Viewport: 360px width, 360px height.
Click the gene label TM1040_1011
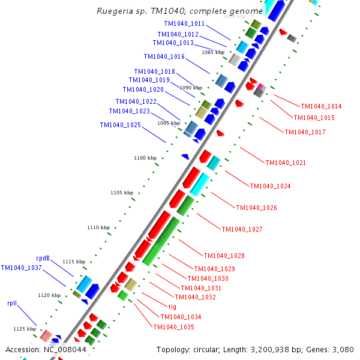[184, 23]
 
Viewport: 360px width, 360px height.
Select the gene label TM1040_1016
[164, 56]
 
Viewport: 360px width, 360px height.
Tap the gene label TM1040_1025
[121, 125]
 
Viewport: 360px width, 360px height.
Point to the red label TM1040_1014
[321, 106]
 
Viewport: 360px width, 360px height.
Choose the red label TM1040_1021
[286, 163]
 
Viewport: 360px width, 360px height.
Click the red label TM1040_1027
[242, 229]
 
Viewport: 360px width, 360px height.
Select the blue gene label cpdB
[43, 259]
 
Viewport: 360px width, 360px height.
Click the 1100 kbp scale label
[145, 158]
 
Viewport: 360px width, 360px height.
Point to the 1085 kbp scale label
[212, 52]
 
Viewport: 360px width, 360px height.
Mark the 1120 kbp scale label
[49, 295]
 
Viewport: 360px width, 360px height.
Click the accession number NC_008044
[65, 349]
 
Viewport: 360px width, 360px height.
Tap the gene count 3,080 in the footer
[343, 349]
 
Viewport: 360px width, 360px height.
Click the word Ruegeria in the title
[113, 11]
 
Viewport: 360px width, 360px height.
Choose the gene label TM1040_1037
[21, 268]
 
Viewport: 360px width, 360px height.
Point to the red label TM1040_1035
[173, 327]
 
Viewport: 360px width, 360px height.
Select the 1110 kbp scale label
[98, 227]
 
